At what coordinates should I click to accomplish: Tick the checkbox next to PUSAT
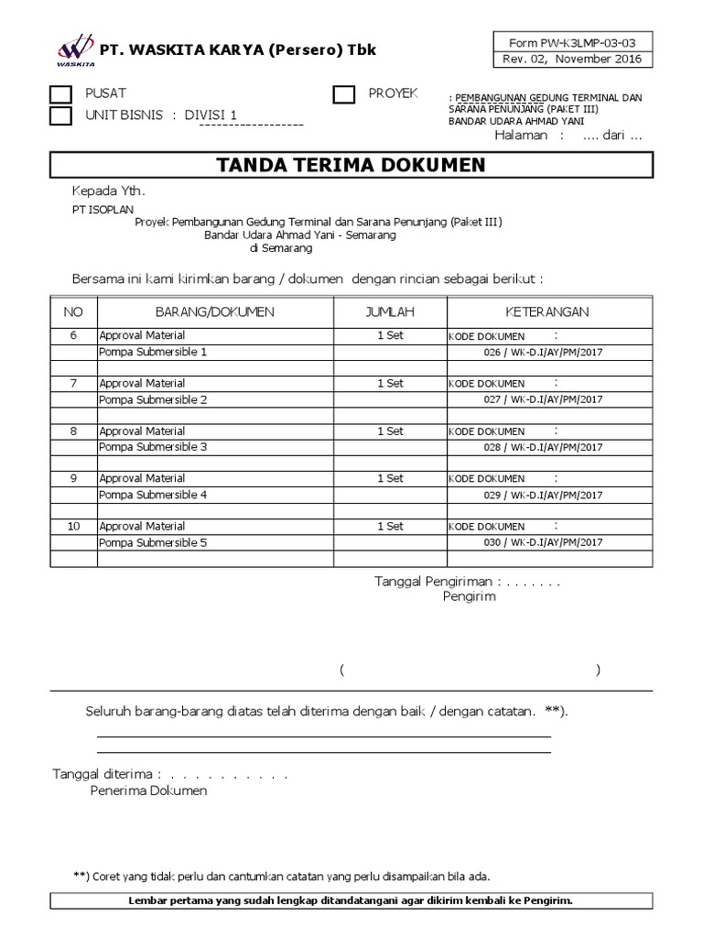[60, 94]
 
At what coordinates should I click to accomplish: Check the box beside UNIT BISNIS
[60, 115]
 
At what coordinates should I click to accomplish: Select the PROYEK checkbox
[344, 94]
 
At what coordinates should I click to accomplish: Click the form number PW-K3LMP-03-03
[573, 42]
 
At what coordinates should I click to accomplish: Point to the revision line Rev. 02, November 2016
[573, 60]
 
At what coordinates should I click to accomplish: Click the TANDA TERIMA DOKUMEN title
[351, 166]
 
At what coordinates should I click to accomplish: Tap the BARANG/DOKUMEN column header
[215, 312]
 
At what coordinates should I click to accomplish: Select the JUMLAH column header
[390, 312]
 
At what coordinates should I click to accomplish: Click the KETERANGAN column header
[548, 312]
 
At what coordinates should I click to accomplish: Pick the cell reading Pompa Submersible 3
[153, 447]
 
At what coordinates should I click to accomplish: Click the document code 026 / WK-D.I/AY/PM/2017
[543, 353]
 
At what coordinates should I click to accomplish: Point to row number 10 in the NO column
[74, 527]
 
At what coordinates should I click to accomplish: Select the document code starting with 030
[543, 543]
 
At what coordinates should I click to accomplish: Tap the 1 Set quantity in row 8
[390, 431]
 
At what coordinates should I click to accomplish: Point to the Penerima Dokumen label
[148, 791]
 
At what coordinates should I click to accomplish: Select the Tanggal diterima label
[107, 774]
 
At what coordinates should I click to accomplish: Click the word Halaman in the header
[521, 136]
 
